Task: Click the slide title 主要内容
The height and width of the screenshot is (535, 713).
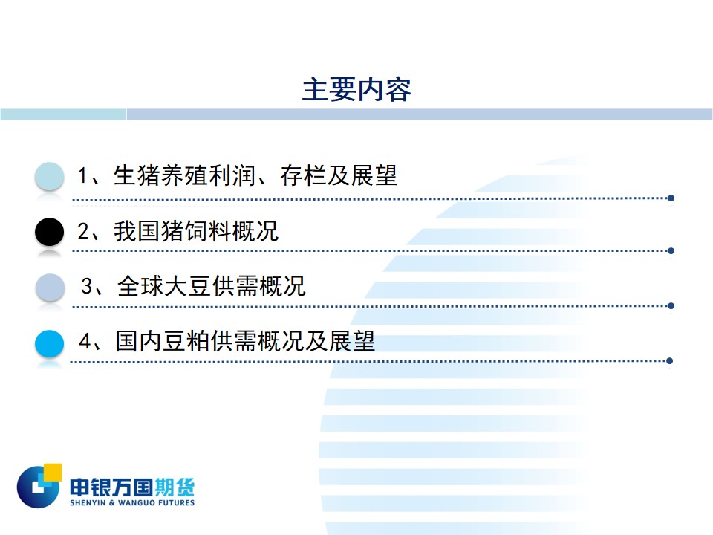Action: point(356,89)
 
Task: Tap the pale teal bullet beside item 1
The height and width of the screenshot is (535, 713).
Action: point(49,176)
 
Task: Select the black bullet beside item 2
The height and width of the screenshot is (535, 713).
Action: point(49,232)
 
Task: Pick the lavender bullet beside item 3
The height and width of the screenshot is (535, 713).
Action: point(50,288)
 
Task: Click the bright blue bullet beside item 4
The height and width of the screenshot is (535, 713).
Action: point(49,343)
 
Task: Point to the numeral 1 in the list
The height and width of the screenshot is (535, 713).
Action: point(82,176)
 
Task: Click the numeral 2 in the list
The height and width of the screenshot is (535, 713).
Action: point(84,231)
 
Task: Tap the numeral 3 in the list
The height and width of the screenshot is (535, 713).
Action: point(87,287)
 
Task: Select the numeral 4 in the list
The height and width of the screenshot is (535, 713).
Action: point(85,341)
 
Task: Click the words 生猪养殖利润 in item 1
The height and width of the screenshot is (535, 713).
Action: point(183,175)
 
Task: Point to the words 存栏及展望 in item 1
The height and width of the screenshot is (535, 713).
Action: point(339,175)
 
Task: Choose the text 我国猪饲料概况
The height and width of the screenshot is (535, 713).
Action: point(196,231)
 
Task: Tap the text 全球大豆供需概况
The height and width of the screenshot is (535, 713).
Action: point(212,287)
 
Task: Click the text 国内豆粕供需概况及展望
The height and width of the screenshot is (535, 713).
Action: point(246,341)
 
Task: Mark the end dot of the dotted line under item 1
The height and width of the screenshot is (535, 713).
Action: point(671,198)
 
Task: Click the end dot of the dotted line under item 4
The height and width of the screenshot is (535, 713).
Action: point(669,361)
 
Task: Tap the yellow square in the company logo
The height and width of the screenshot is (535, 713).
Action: point(52,473)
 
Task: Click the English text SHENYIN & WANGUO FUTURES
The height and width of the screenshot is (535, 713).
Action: point(132,503)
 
